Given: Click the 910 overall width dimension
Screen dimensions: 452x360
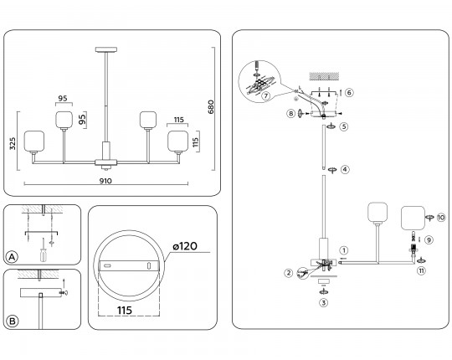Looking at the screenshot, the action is pos(105,181).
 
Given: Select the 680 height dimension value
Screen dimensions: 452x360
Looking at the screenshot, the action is pos(211,107).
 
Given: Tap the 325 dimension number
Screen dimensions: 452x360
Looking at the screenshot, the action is pos(13,143).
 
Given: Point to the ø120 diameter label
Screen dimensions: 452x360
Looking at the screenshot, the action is pos(185,246).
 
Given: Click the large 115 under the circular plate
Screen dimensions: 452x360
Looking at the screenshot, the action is pos(125,311).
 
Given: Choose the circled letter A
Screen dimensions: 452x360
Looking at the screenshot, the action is pos(12,257).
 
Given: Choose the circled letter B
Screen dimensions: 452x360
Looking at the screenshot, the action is pos(13,321).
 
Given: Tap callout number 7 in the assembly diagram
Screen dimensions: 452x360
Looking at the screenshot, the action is pos(266,95).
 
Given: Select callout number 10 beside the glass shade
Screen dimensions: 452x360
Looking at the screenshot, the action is pos(441,218).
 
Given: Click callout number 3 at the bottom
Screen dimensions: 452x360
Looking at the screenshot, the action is pos(323,303).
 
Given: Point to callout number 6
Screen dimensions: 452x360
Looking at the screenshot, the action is pos(349,93).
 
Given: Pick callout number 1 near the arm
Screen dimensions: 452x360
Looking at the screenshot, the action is pos(344,250).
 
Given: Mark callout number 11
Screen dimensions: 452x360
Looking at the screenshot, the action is pos(421,270).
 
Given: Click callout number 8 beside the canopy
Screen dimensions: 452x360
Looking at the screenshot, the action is pos(290,114).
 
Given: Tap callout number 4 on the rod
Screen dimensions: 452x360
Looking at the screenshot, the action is pos(345,169).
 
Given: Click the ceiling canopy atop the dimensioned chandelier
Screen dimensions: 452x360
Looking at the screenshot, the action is pos(106,49).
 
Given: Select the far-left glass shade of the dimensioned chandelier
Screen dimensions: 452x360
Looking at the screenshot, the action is pos(34,141).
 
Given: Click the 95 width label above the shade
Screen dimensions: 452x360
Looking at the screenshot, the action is pos(63,98).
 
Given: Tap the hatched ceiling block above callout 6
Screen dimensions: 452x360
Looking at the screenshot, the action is pos(324,76).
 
